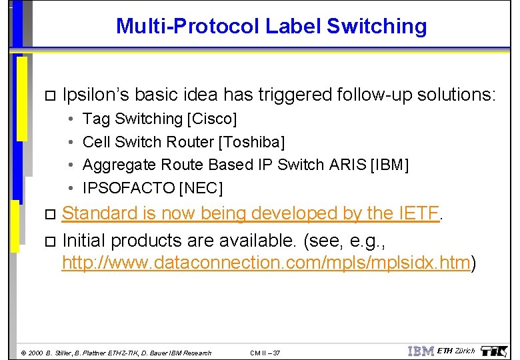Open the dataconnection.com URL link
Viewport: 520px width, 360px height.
point(266,263)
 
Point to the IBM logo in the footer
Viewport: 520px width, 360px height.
point(421,351)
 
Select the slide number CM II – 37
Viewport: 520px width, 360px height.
point(265,353)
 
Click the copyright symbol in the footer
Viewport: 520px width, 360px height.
point(23,353)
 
